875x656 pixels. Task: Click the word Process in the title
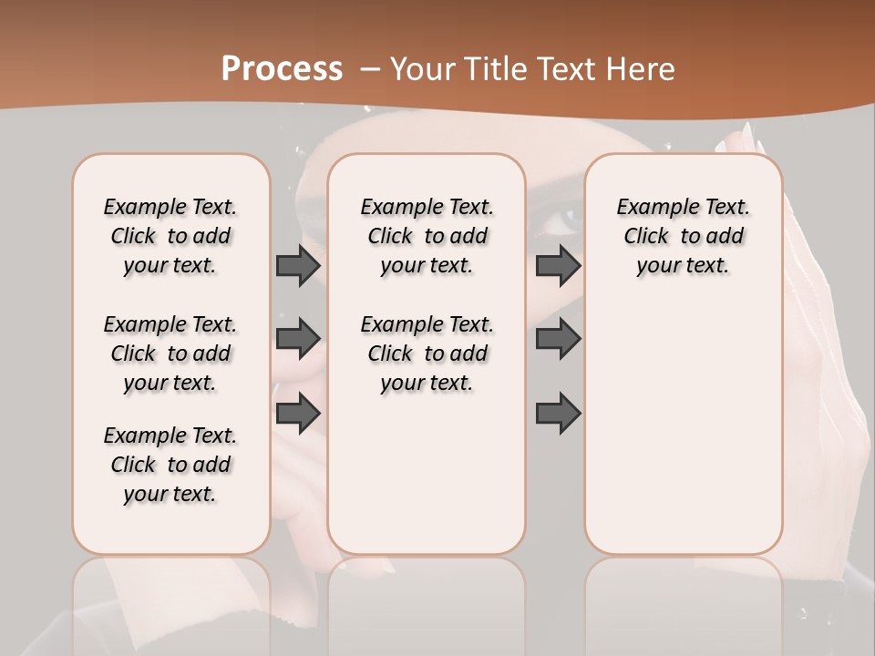pos(282,69)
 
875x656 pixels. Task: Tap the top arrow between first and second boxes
pos(298,266)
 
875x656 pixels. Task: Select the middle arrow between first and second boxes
pos(298,339)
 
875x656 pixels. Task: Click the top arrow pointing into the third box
pos(558,266)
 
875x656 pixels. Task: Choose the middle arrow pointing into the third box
pos(558,339)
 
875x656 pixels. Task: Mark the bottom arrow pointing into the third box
pos(558,414)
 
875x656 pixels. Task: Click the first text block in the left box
pos(170,236)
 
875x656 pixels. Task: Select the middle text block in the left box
pos(170,354)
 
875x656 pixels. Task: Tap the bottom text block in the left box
pos(170,465)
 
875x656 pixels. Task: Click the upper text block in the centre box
pos(427,236)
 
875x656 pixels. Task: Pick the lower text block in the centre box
pos(427,354)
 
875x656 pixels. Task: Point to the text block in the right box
pos(683,236)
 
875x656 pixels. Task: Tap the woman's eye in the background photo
pos(567,219)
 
